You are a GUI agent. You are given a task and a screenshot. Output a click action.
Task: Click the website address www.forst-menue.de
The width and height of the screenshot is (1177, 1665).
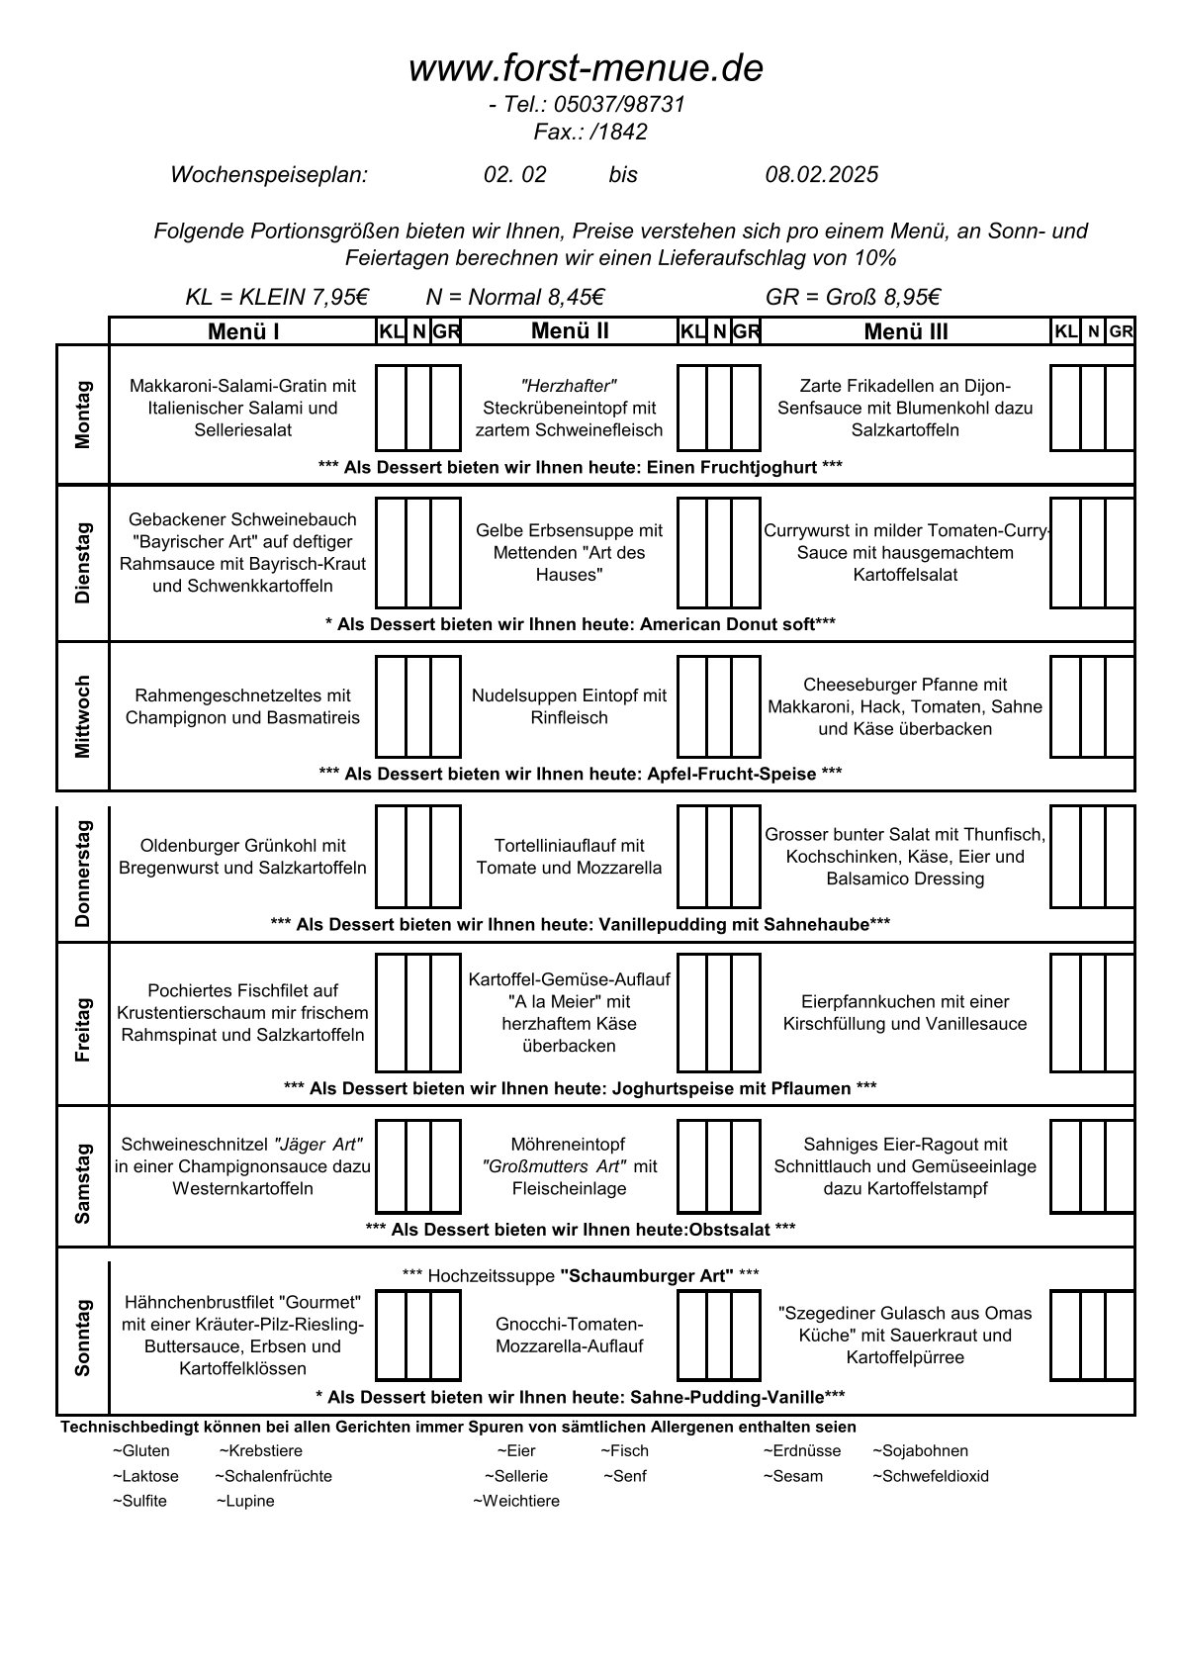click(586, 69)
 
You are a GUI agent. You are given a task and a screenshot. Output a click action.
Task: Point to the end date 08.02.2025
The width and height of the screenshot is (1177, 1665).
click(821, 175)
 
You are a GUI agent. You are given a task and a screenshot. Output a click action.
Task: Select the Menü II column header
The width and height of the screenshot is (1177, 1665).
click(570, 330)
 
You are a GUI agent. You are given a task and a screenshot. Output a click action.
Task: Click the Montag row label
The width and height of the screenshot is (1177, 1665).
click(82, 415)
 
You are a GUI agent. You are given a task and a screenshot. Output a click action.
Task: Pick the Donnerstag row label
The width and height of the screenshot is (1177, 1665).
click(82, 873)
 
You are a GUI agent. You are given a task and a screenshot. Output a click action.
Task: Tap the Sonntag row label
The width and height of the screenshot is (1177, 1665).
click(82, 1338)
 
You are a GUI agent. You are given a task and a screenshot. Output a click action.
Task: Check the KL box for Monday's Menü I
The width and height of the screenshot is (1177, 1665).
click(391, 408)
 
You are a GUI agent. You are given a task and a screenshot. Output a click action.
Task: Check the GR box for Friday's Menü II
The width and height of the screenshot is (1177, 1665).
click(746, 1013)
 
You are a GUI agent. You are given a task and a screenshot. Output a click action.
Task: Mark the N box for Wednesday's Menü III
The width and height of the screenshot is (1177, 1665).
click(1092, 706)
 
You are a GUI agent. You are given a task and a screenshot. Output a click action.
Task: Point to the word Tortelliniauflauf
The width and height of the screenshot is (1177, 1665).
click(569, 846)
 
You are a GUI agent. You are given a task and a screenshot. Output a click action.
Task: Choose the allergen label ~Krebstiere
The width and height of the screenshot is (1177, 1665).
click(260, 1451)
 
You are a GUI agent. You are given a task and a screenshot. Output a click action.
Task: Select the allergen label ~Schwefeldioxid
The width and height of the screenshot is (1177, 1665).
click(930, 1476)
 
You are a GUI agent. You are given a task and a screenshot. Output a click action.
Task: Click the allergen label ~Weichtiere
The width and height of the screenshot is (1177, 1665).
click(515, 1501)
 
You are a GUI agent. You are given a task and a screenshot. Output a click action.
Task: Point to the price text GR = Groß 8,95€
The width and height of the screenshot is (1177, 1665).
click(852, 298)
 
